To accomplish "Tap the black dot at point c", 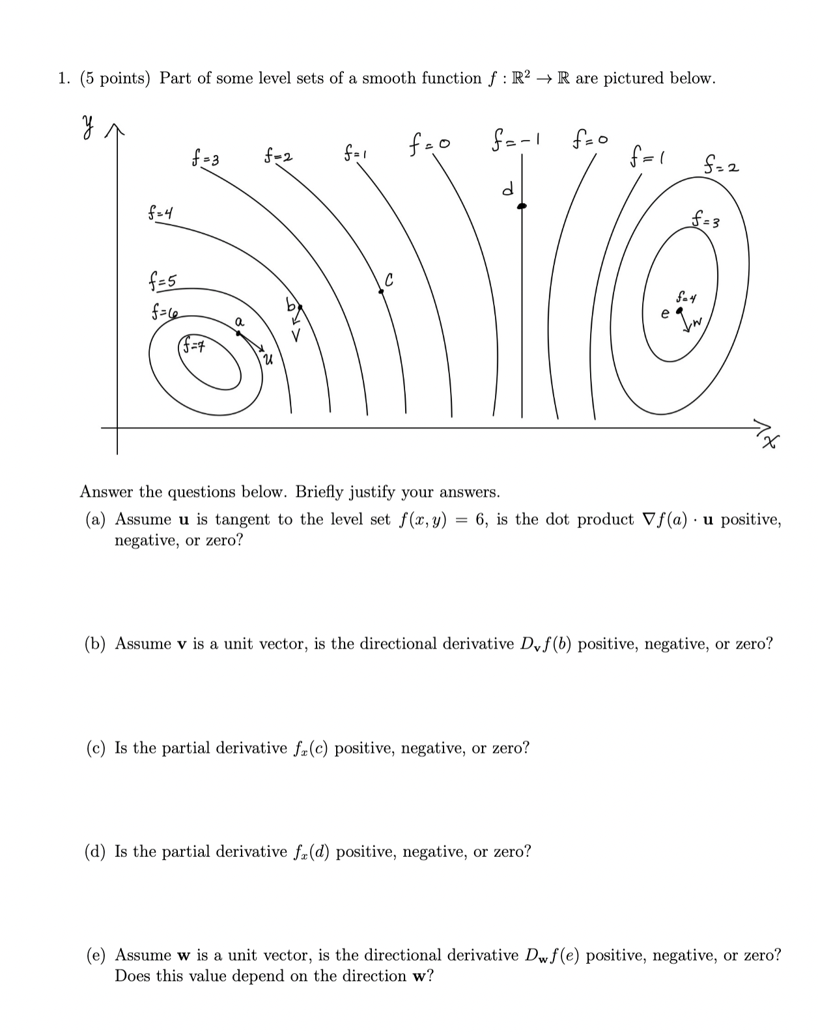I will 382,292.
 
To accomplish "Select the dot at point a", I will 239,333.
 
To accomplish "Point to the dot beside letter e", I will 679,311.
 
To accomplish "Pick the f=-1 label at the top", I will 518,140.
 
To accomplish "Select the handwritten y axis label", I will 87,124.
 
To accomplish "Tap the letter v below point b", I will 296,337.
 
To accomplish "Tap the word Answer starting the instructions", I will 107,492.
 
